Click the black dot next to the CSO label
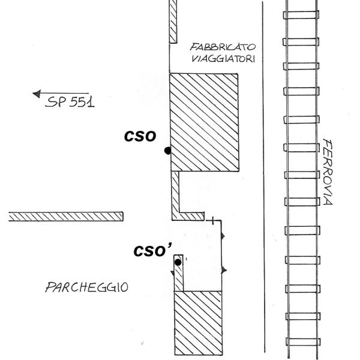pos(167,151)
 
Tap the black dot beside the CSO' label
pos(178,262)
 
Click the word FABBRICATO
pos(223,47)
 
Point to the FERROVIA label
pos(327,172)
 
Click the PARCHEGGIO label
pos(86,287)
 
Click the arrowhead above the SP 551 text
pos(37,93)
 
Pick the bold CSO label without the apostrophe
pos(140,136)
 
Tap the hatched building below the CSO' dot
pos(197,322)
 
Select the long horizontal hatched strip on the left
pos(66,216)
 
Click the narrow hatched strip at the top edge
pos(173,21)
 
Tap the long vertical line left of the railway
pos(263,180)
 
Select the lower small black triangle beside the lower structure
pos(223,271)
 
